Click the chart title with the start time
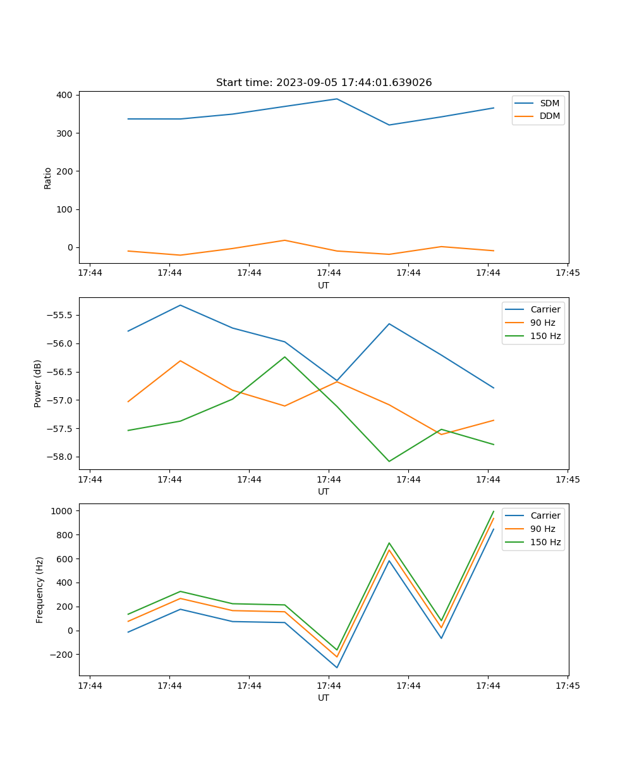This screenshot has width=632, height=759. [324, 83]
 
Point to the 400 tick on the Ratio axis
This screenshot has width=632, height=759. [65, 96]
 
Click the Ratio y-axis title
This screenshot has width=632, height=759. [48, 178]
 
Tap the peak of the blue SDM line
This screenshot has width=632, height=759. [337, 99]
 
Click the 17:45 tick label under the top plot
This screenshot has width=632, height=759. [567, 273]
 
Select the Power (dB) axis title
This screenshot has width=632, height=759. [39, 383]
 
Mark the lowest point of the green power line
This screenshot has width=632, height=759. [389, 461]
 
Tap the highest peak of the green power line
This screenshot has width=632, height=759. [284, 357]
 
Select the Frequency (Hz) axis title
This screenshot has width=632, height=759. [40, 589]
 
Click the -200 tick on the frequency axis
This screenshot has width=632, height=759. [63, 655]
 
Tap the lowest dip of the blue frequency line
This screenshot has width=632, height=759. [337, 667]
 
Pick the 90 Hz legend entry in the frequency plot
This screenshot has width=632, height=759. [542, 529]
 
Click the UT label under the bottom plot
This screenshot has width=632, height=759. [324, 698]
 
